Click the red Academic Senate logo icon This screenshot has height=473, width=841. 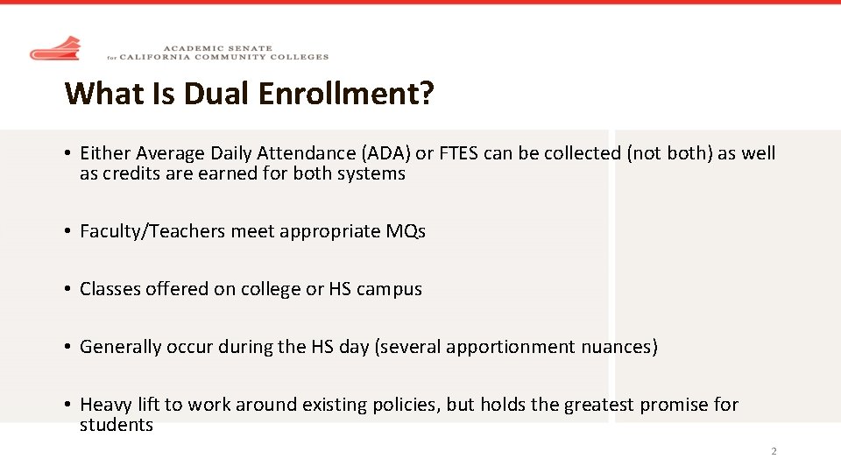pos(55,49)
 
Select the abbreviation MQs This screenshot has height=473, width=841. pos(406,231)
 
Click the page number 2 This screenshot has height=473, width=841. pos(774,452)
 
